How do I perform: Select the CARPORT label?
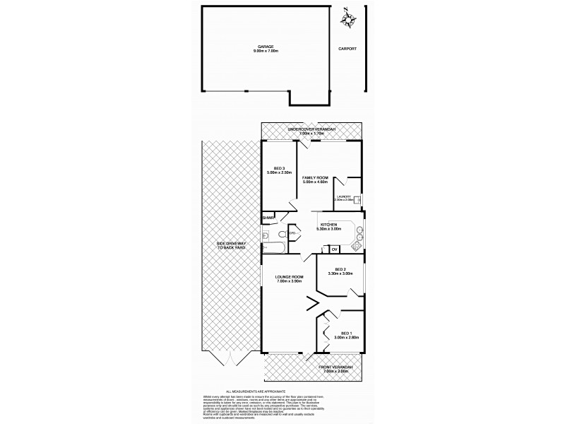point(347,49)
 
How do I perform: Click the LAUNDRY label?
point(345,196)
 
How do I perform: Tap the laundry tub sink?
point(359,199)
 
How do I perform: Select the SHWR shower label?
point(267,218)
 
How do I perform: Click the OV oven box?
point(334,249)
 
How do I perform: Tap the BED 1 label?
point(345,333)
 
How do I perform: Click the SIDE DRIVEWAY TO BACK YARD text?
point(230,247)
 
